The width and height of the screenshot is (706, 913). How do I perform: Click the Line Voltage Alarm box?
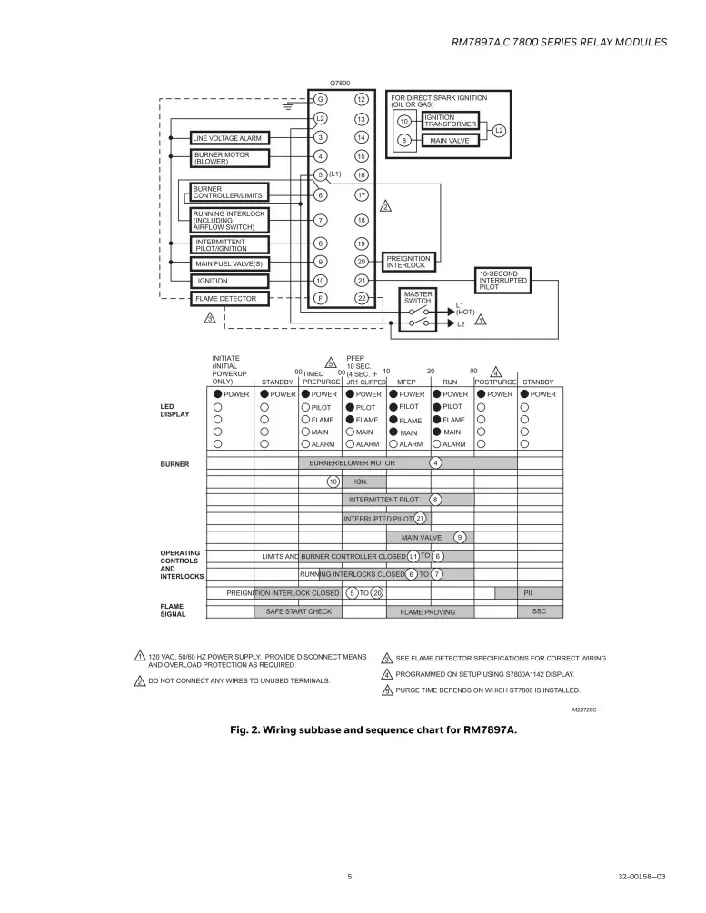coord(231,138)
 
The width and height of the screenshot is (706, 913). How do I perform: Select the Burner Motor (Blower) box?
coord(231,158)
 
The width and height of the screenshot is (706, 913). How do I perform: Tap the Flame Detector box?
coord(231,298)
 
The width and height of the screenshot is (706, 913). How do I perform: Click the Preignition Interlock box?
coord(408,262)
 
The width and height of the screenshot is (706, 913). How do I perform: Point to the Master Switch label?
coord(417,297)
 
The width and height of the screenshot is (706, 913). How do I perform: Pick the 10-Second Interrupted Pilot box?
coord(504,280)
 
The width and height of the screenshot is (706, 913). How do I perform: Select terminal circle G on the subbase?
coord(320,99)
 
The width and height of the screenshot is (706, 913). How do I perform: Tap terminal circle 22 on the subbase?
coord(361,298)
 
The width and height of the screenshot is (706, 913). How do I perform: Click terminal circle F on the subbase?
coord(320,298)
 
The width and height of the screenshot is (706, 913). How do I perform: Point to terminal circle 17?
coord(361,194)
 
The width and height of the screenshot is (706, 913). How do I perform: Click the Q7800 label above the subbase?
coord(340,83)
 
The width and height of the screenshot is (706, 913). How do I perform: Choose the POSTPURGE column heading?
coord(495,382)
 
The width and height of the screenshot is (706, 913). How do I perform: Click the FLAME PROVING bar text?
coord(428,612)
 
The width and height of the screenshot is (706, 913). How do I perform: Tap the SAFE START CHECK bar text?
coord(298,611)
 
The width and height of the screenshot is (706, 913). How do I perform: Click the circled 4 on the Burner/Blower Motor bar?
coord(436,463)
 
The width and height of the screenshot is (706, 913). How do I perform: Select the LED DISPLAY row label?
coord(175,410)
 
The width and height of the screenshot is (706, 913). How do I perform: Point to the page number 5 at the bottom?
coord(349,877)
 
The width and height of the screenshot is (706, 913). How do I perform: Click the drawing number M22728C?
coord(587,710)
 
